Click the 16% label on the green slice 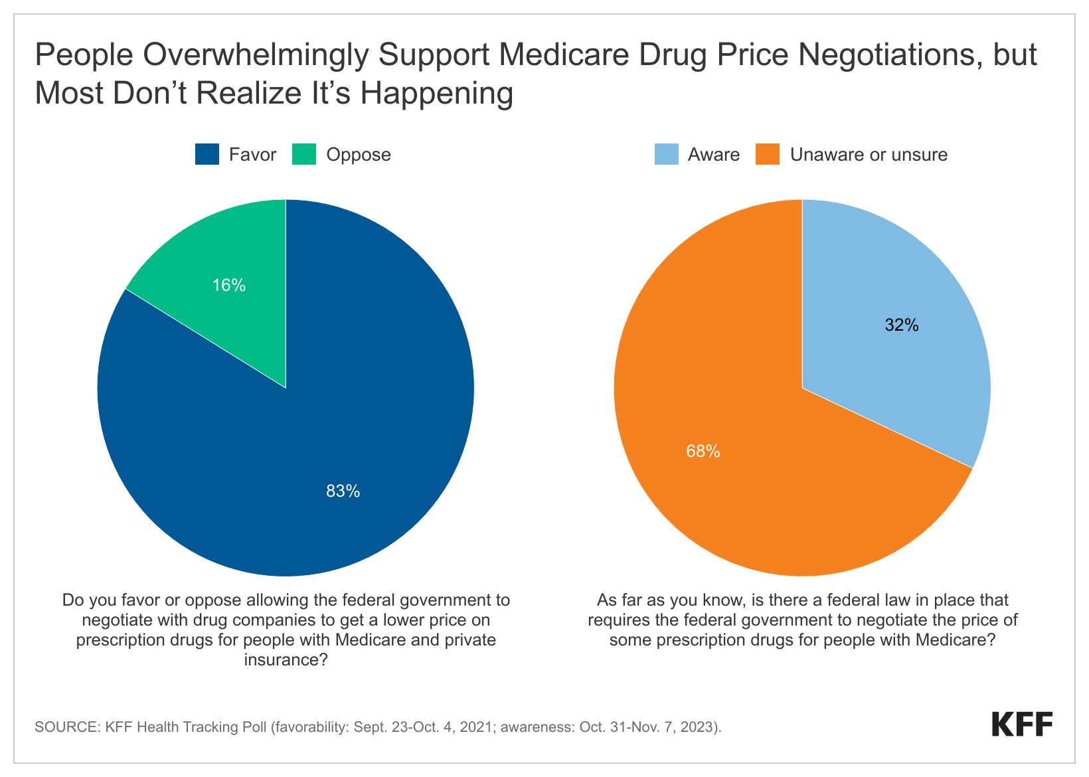pos(229,286)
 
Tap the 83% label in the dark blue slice pos(343,491)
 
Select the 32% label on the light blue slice pos(902,325)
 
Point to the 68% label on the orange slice pos(703,452)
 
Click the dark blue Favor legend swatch pos(207,155)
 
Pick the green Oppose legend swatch pos(304,155)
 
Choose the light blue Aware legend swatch pos(666,155)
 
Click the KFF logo pos(1022,725)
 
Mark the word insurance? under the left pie pos(286,659)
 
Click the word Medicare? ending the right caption pos(956,640)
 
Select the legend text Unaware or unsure pos(869,155)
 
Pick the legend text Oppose pos(359,155)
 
